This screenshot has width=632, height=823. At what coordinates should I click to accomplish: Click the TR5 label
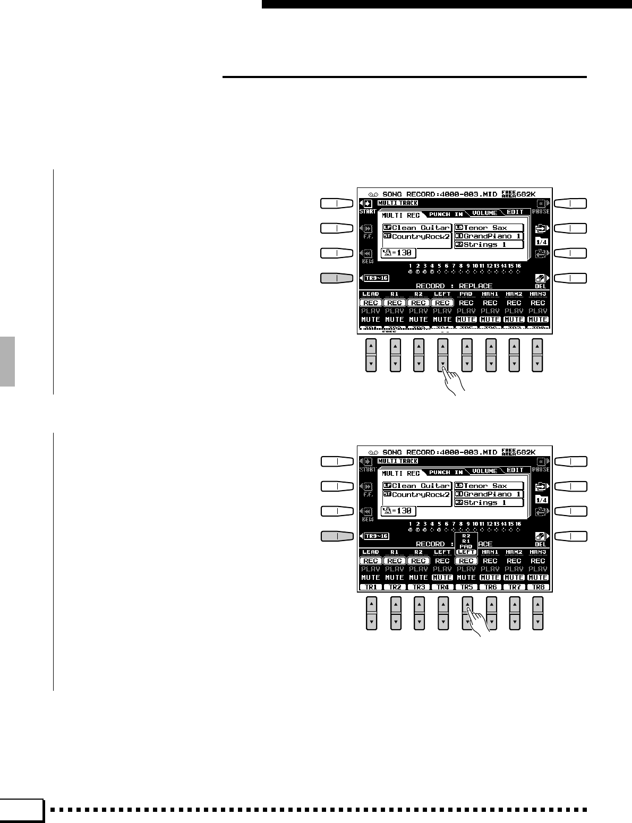click(466, 587)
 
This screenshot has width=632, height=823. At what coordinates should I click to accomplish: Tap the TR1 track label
click(370, 587)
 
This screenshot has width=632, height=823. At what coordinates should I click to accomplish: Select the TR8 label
click(538, 587)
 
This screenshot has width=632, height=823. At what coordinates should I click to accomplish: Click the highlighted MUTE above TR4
click(442, 578)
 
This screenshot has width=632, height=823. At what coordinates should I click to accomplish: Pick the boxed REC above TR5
click(466, 561)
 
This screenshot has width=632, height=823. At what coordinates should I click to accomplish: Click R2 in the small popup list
click(466, 536)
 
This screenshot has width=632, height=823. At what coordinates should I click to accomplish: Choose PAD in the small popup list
click(466, 546)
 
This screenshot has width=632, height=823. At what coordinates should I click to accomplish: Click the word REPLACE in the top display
click(475, 286)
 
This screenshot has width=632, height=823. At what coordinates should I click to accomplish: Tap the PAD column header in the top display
click(466, 294)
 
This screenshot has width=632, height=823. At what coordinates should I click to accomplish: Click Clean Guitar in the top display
click(421, 228)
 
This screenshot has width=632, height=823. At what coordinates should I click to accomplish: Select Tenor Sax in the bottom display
click(485, 486)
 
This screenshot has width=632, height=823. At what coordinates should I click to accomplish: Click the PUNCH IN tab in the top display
click(446, 214)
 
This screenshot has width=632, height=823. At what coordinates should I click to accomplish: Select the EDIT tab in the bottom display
click(514, 470)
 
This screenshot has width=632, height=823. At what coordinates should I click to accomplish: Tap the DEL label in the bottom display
click(540, 544)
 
